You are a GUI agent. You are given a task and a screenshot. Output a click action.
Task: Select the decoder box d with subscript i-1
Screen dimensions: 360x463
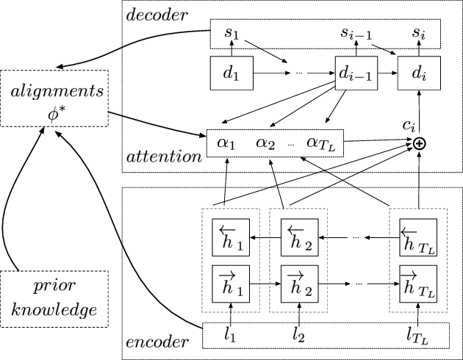353,73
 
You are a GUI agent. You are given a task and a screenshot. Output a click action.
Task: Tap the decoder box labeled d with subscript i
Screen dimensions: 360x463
417,73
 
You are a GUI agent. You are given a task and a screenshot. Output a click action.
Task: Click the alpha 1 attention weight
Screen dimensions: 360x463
226,142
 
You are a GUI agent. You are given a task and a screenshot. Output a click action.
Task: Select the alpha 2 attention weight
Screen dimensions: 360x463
265,142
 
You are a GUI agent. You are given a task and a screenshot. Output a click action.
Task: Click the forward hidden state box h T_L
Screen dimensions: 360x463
417,281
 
